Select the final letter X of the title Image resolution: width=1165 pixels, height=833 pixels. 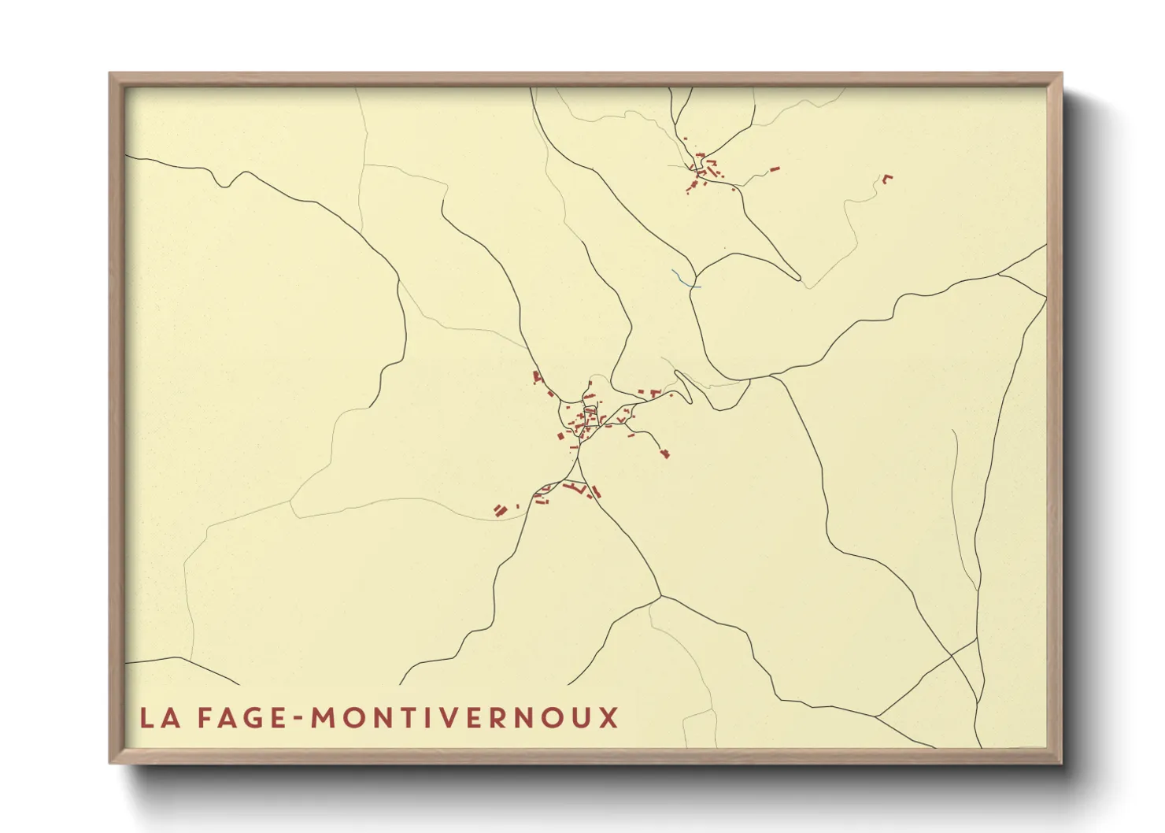click(608, 718)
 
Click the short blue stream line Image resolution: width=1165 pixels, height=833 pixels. click(684, 279)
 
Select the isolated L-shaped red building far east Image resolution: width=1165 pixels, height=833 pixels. click(887, 178)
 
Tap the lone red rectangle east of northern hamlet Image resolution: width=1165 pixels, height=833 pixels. click(775, 168)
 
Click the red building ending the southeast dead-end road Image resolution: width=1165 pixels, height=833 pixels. click(665, 453)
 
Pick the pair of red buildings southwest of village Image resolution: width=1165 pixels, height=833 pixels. click(499, 511)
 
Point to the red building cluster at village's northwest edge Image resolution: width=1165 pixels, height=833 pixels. click(538, 377)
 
